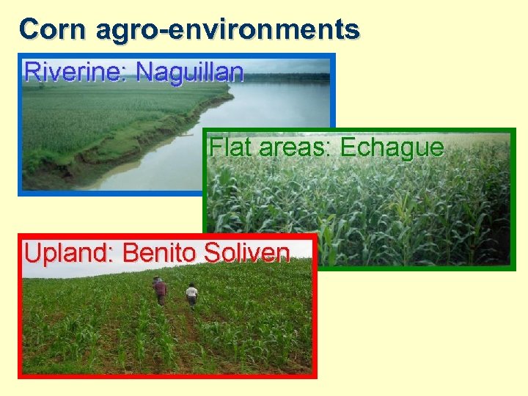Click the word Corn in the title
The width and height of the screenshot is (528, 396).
pyautogui.click(x=54, y=29)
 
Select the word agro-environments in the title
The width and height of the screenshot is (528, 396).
pyautogui.click(x=227, y=29)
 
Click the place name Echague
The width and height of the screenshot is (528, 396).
pyautogui.click(x=392, y=147)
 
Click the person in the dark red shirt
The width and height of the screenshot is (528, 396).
pyautogui.click(x=160, y=290)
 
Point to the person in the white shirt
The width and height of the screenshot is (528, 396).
pyautogui.click(x=192, y=294)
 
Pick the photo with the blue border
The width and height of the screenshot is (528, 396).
pyautogui.click(x=110, y=125)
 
